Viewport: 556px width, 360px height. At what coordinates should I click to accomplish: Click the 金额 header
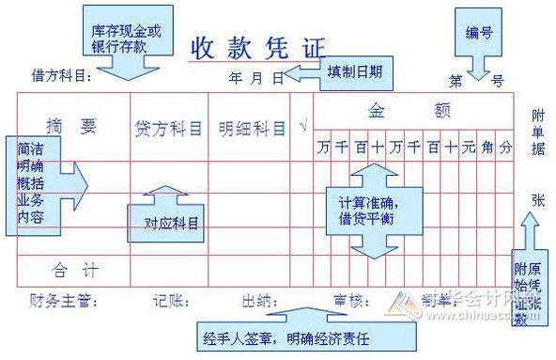[414, 110]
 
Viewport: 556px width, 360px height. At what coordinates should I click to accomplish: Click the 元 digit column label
[468, 147]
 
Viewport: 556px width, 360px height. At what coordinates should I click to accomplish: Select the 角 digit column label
[486, 147]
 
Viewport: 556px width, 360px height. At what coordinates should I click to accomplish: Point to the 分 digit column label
[505, 147]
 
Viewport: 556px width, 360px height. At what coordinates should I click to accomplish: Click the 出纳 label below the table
[258, 302]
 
